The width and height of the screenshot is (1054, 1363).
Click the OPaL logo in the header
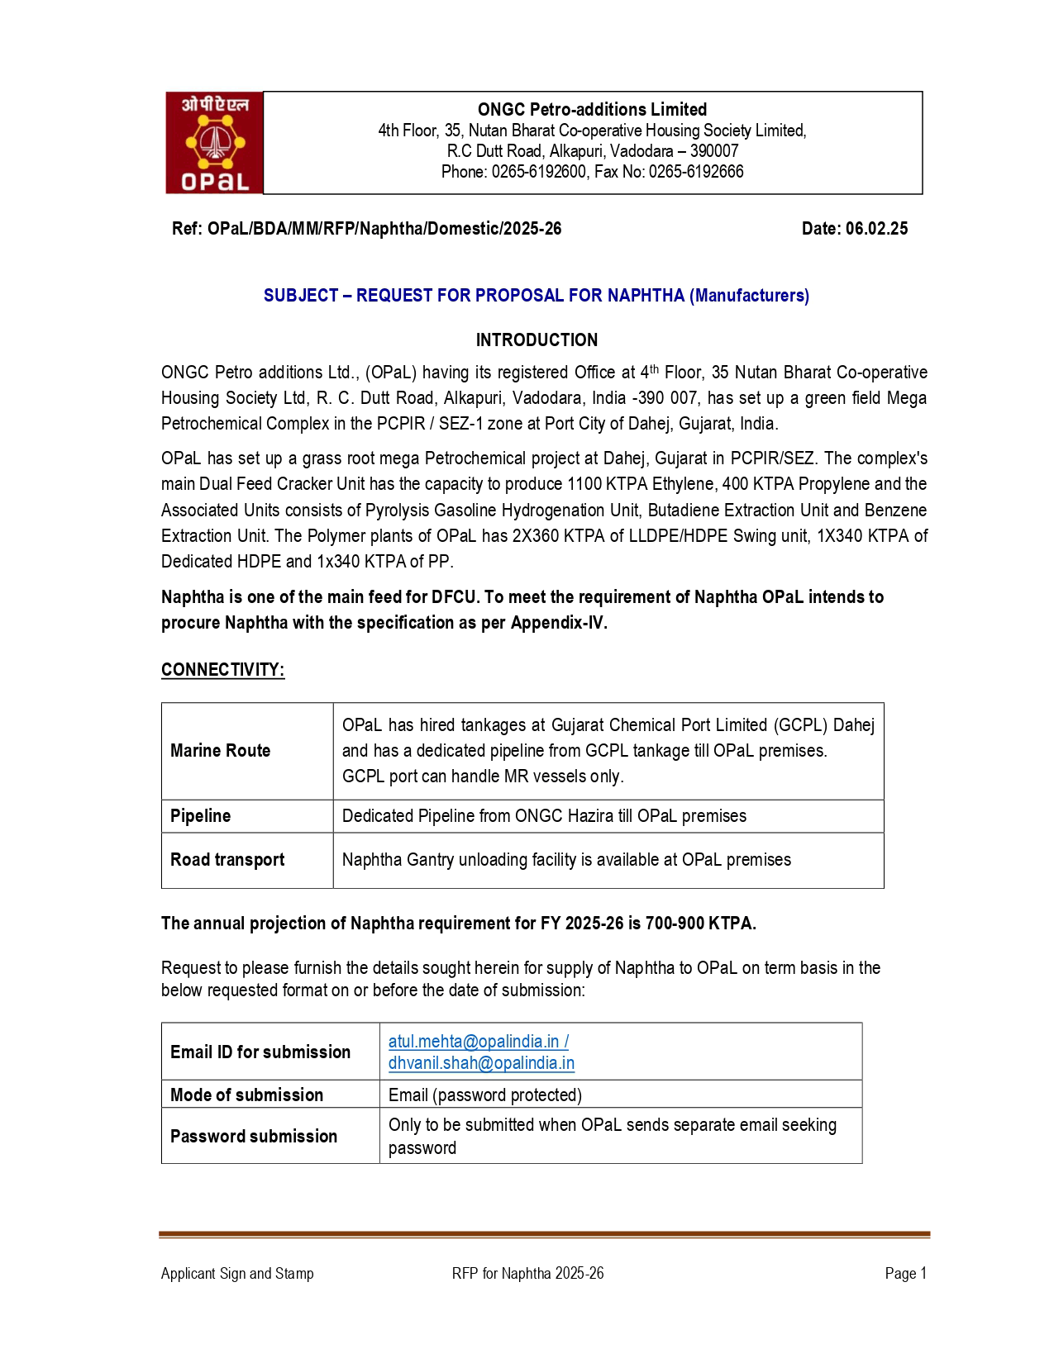214,143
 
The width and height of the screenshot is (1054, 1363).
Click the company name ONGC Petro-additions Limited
592,109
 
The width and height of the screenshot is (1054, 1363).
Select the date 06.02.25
876,229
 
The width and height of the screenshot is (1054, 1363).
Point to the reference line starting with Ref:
366,229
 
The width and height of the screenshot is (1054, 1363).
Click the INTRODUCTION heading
537,340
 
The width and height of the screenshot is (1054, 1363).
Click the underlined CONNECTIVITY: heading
222,669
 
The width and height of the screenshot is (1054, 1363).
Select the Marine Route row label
220,750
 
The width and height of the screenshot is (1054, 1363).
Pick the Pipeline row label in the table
200,815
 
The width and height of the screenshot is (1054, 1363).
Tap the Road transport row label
227,859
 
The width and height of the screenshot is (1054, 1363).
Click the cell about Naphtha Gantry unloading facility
566,859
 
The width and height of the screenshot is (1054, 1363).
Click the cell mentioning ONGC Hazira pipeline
544,815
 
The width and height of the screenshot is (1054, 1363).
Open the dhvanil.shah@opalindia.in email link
481,1063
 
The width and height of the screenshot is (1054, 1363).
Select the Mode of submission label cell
246,1095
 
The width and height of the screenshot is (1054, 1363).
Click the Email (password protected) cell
485,1095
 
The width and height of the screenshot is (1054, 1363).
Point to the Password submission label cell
253,1136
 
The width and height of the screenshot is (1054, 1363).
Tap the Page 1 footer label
905,1273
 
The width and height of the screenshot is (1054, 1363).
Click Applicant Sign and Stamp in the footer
237,1273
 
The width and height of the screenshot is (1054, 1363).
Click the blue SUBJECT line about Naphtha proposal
536,295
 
